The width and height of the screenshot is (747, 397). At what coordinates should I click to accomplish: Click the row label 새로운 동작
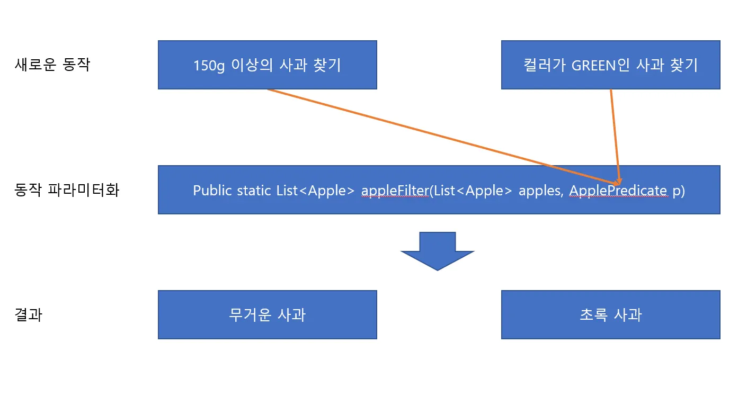(52, 65)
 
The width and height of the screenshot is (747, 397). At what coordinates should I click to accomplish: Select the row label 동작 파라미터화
(67, 190)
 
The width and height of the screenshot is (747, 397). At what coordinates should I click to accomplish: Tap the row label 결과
(28, 315)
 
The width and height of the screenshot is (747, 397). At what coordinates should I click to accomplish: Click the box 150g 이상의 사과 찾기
(267, 65)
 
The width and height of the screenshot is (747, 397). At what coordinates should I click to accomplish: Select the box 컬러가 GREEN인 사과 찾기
(610, 65)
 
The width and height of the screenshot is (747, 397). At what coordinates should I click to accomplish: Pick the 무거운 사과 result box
(267, 315)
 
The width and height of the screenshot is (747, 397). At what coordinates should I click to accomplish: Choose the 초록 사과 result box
(610, 315)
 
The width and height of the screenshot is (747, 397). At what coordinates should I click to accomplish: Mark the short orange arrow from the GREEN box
(615, 132)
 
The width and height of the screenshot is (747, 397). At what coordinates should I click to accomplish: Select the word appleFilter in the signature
(395, 191)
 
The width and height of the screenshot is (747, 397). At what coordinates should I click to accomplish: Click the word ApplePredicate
(618, 191)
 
